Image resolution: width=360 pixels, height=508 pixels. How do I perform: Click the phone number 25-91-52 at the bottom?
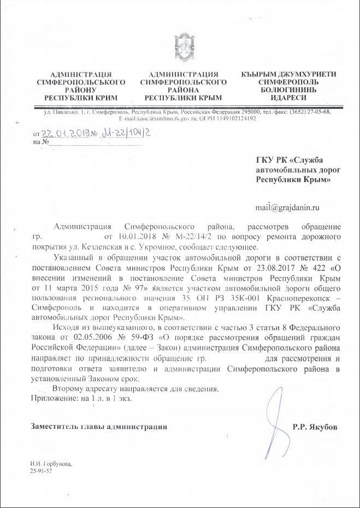pyautogui.click(x=42, y=470)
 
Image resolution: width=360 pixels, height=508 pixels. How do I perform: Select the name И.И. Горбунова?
pyautogui.click(x=51, y=463)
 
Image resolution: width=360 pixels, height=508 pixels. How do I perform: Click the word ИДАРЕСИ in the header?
pyautogui.click(x=288, y=97)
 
